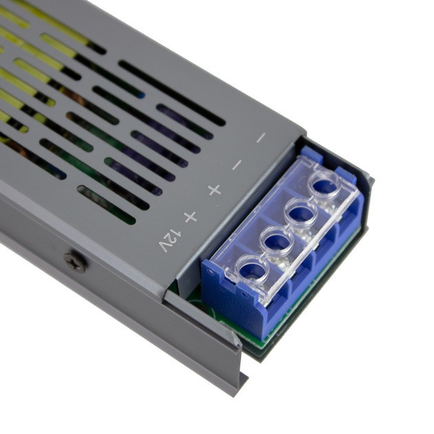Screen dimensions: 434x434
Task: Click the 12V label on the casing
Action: [169, 240]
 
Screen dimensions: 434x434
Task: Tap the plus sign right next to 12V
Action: [190, 217]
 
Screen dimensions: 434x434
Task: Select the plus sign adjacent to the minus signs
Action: [214, 190]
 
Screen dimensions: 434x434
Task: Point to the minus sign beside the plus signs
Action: [237, 165]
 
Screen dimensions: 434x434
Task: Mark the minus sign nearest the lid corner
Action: [260, 138]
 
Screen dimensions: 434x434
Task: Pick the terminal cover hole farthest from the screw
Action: [325, 184]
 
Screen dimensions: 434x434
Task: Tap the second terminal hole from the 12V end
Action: [278, 240]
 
